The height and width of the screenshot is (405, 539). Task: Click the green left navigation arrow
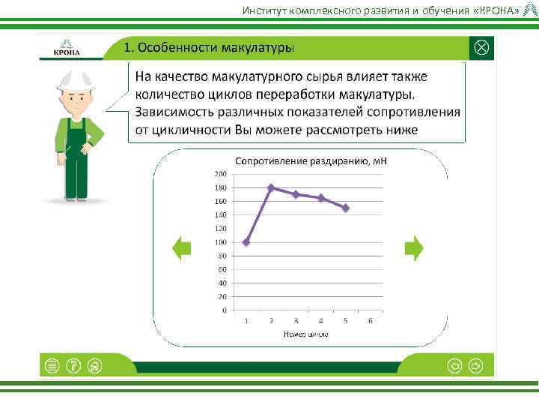click(181, 248)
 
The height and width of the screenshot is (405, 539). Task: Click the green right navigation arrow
click(414, 248)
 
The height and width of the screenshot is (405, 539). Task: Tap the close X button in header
click(482, 47)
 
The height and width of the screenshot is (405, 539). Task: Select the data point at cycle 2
click(271, 187)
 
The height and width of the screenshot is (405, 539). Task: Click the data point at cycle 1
click(246, 242)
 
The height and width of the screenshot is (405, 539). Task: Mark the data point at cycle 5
click(346, 208)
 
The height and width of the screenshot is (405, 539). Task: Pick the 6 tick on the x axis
click(371, 320)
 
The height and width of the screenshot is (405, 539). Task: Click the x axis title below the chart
click(305, 334)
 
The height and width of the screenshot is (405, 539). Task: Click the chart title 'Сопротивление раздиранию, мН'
click(311, 160)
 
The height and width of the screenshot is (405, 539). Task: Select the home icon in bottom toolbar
click(94, 365)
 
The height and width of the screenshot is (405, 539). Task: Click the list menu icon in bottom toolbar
click(52, 365)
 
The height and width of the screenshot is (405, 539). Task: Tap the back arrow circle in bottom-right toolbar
click(454, 365)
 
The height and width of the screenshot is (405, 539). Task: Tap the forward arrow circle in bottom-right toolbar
click(476, 365)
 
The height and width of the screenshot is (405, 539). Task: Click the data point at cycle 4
click(321, 198)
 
